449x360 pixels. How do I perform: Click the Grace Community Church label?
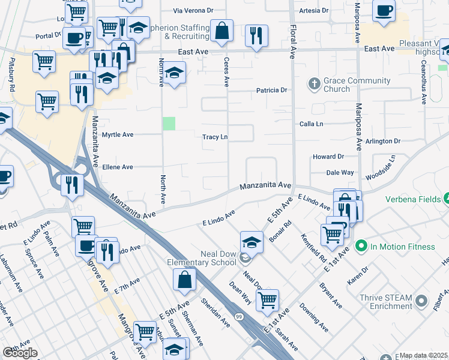(337, 85)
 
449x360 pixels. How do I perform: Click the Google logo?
(20, 353)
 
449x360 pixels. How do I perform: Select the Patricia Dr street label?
(272, 91)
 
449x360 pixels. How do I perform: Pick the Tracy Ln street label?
(215, 137)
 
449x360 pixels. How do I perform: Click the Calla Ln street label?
(312, 124)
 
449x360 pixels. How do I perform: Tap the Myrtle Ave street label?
(118, 135)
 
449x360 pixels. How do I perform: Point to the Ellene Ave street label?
(118, 167)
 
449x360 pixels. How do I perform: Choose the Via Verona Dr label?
(193, 11)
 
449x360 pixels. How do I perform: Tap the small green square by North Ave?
(169, 124)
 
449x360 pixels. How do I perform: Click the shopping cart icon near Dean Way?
(267, 299)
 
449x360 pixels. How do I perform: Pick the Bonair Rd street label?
(280, 230)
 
